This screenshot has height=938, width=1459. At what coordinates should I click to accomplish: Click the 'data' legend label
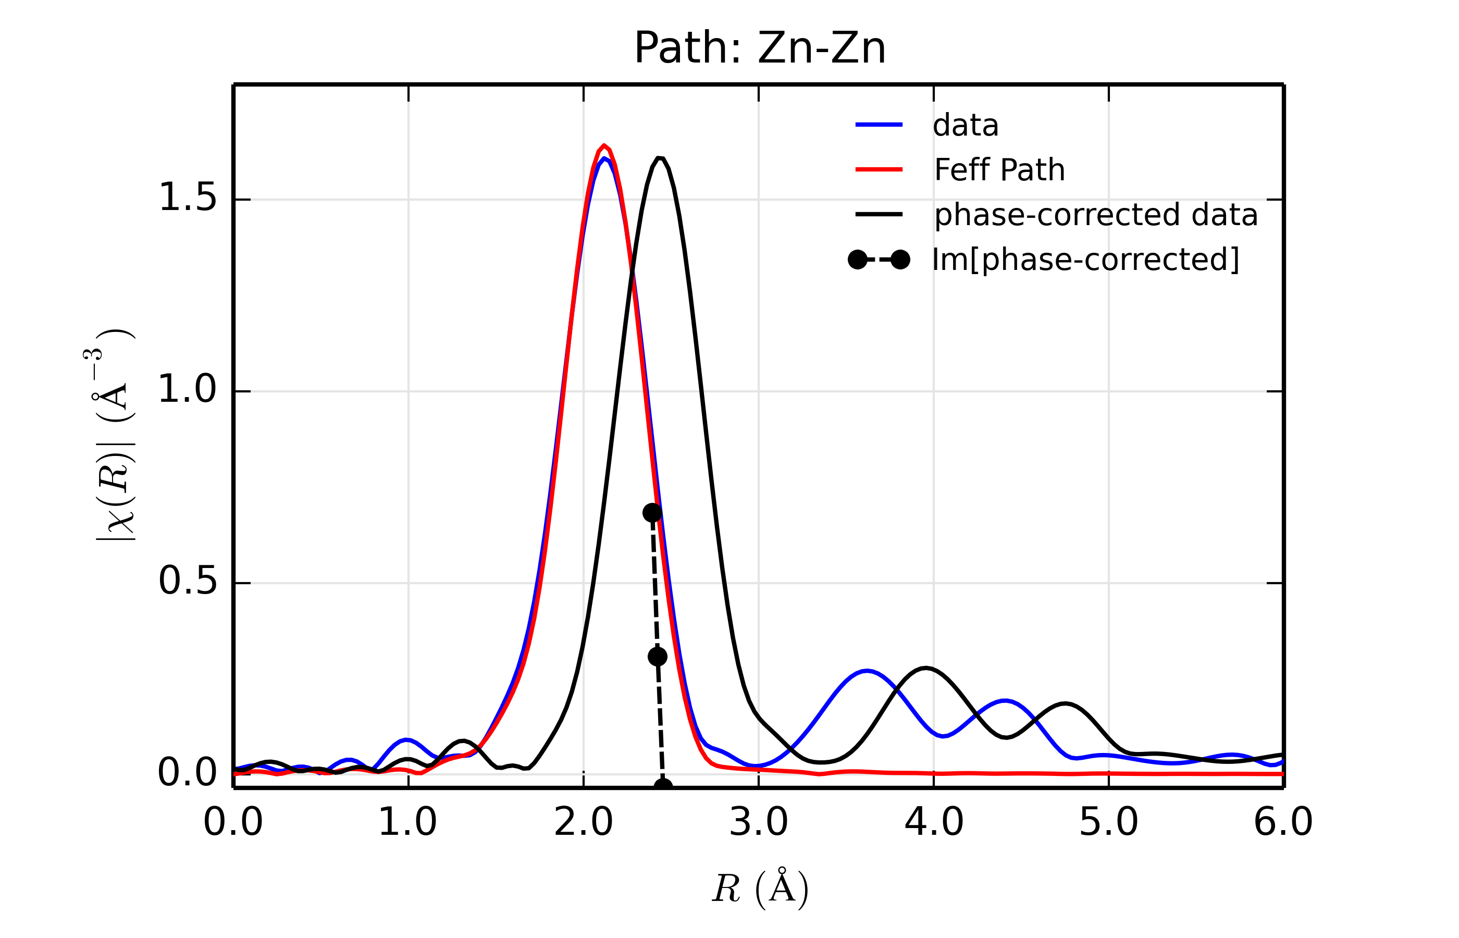coord(965,126)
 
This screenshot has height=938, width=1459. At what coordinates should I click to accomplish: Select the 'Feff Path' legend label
coord(999,170)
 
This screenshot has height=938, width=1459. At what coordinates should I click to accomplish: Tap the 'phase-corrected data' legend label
coord(1095,215)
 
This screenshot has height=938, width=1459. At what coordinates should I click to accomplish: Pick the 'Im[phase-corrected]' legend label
coord(1085,260)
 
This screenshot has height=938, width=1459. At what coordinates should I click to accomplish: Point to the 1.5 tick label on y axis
coord(187,199)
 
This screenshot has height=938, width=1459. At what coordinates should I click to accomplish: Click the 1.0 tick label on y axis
coord(187,390)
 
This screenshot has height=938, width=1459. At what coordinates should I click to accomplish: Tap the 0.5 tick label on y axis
coord(187,582)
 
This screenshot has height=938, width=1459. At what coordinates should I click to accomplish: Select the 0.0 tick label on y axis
coord(187,773)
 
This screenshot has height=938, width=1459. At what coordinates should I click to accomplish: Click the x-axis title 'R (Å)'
coord(760,888)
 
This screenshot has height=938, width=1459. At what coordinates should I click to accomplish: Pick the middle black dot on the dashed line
coord(658,657)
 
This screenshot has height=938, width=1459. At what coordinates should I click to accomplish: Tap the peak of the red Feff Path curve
coord(603,145)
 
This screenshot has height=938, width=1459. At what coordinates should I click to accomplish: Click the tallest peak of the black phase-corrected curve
coord(660,158)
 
